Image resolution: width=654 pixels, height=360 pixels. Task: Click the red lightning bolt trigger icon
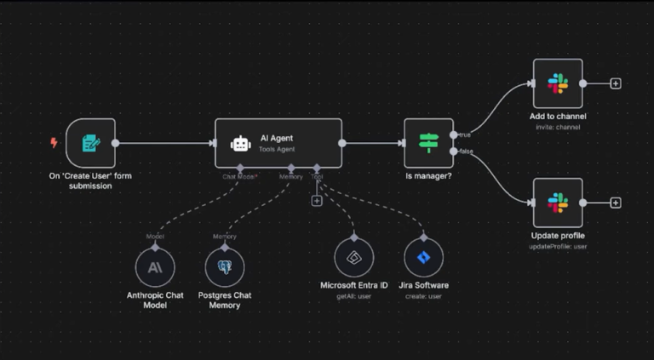coord(54,143)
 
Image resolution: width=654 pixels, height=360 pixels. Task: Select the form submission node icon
coord(89,143)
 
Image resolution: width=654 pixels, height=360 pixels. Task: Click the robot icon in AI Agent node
coord(240,143)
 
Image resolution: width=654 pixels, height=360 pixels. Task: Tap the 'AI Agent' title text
coord(277,136)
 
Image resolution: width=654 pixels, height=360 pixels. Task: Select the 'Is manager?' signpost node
coord(427,143)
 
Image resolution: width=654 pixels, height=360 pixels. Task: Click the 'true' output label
coord(465,134)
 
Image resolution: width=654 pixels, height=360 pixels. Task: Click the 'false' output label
coord(466,151)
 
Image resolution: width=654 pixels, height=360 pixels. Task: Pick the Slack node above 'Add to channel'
coord(558,83)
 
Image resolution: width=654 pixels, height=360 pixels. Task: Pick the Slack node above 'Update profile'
coord(558,203)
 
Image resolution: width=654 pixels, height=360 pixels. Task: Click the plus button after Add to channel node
coord(616,83)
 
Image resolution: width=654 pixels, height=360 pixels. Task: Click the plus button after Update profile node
coord(616,203)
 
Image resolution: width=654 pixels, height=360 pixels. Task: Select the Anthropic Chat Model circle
coord(154,266)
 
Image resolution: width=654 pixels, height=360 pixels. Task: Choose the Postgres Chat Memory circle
coord(225,266)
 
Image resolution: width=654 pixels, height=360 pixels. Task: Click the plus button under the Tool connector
coord(317,201)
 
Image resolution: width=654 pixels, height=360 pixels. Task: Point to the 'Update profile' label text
coord(558,235)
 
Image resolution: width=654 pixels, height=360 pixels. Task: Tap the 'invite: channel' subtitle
coord(558,127)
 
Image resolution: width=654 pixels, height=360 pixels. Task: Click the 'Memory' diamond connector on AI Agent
coord(291,169)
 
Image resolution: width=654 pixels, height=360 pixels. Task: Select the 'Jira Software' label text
coord(423,285)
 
